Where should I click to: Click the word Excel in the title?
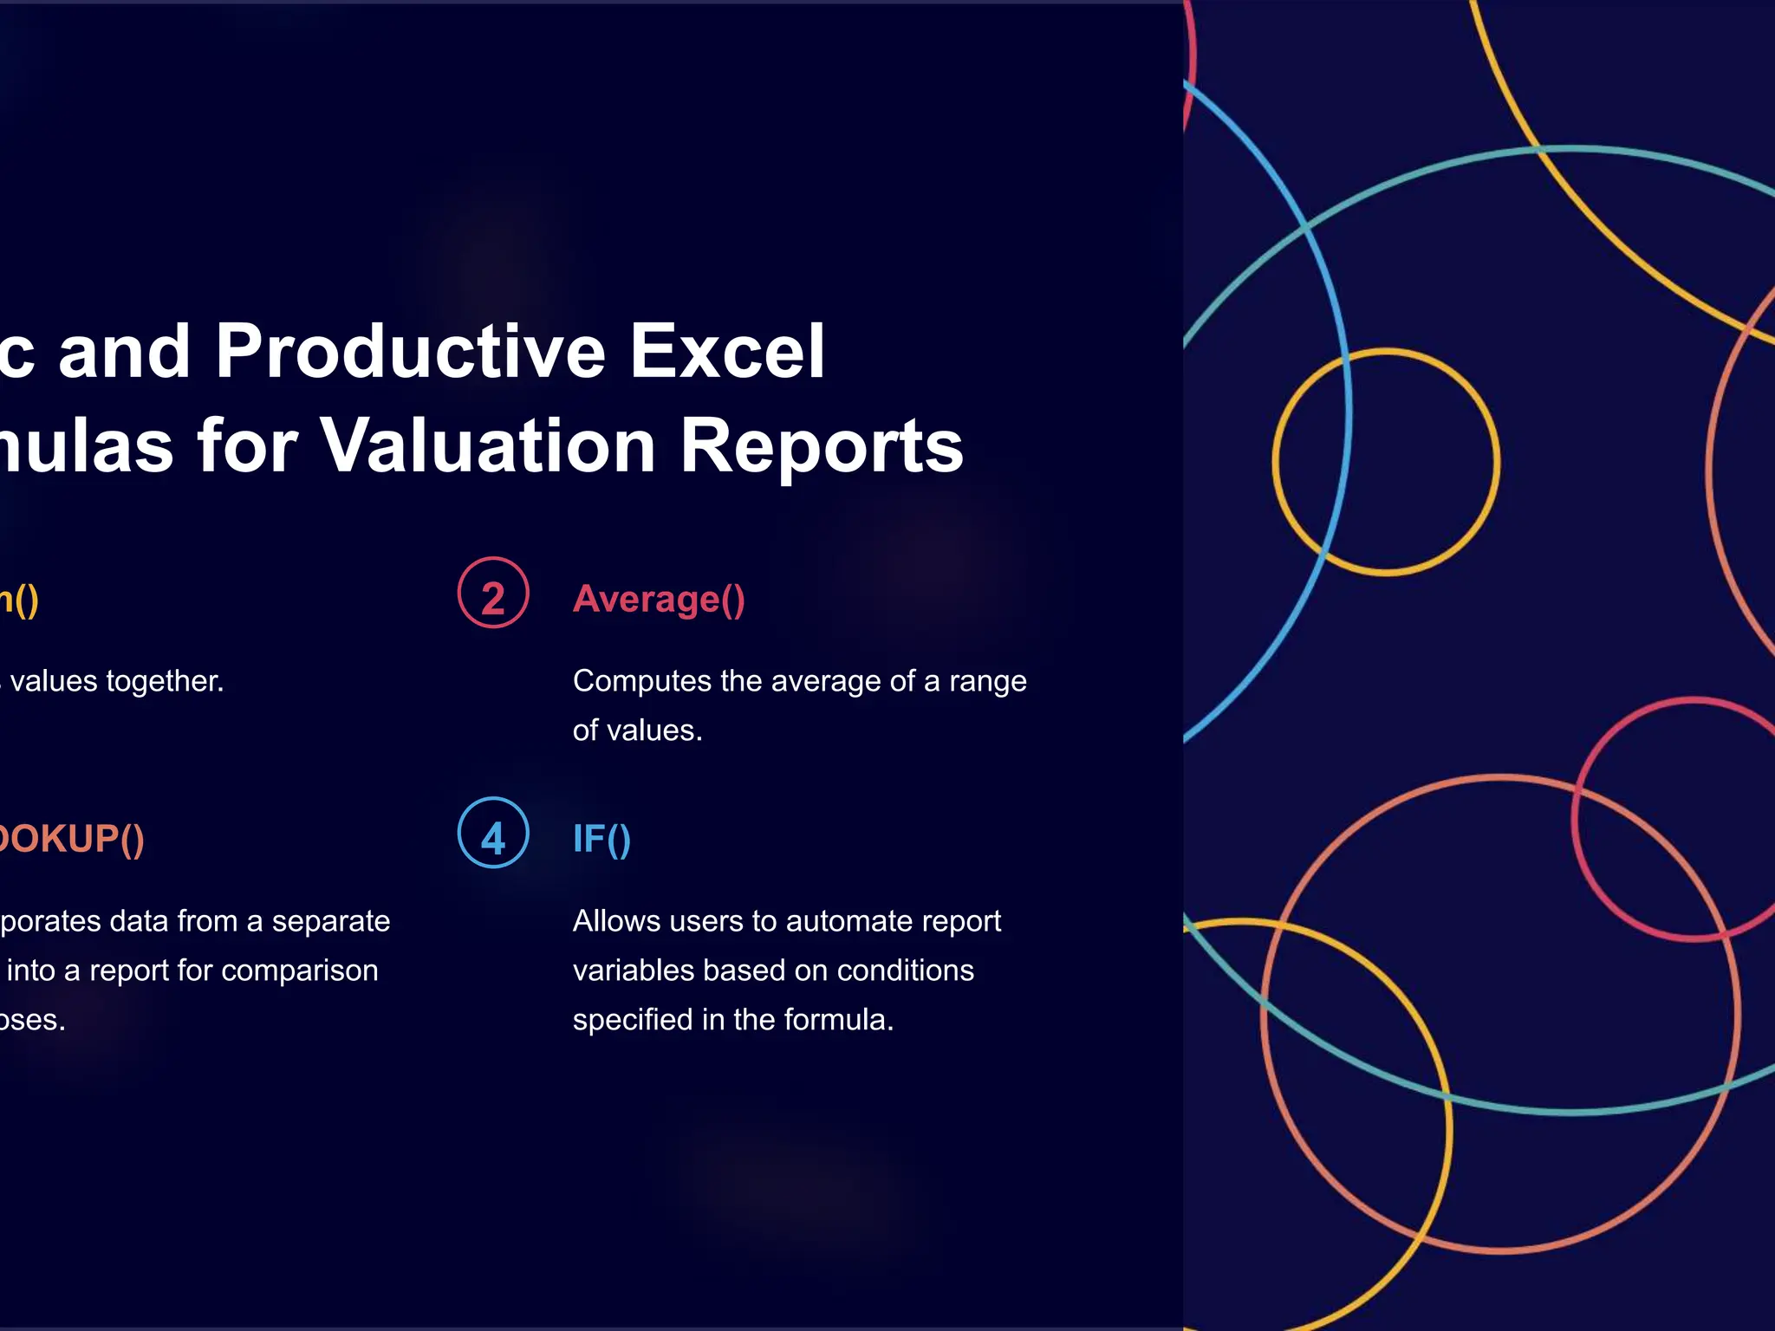click(x=726, y=351)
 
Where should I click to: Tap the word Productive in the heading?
click(x=410, y=351)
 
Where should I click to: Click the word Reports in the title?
click(x=821, y=445)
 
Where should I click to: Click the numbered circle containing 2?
click(x=493, y=593)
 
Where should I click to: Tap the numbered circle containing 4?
click(x=493, y=833)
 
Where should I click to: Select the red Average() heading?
click(x=659, y=599)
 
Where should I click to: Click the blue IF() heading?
click(x=601, y=839)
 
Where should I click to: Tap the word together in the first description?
click(x=165, y=681)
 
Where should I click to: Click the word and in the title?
click(x=124, y=351)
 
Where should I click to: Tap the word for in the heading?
click(x=247, y=445)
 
